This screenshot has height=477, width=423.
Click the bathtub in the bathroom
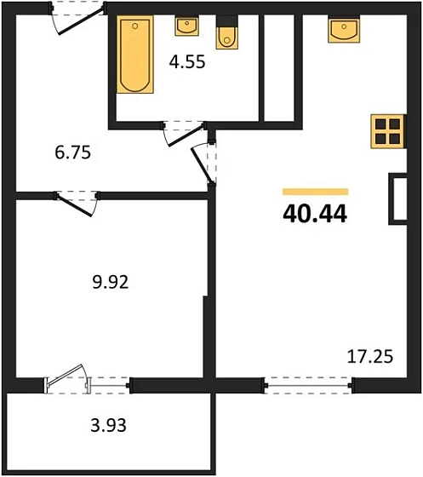click(x=135, y=55)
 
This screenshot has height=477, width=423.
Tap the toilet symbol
click(x=227, y=32)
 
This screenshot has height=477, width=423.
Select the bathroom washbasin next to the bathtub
click(x=187, y=26)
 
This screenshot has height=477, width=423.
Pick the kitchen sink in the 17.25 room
click(x=344, y=29)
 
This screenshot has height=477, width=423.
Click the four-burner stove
click(x=388, y=131)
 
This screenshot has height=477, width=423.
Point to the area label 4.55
click(x=187, y=61)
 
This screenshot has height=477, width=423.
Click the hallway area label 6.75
click(x=73, y=152)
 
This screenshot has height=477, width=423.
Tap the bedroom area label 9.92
click(x=111, y=282)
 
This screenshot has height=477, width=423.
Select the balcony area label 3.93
click(x=108, y=425)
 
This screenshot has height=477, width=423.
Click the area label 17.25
click(x=370, y=356)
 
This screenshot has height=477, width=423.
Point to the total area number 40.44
click(x=315, y=214)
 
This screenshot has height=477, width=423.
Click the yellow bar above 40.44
click(x=316, y=192)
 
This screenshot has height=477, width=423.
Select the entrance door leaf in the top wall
click(x=81, y=20)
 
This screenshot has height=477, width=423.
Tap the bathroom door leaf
click(x=186, y=135)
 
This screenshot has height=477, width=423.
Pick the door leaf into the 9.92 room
click(x=74, y=206)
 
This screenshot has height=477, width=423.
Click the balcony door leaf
click(x=65, y=375)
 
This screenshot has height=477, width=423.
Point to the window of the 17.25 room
click(x=309, y=385)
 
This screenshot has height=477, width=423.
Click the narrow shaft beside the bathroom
click(x=279, y=68)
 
